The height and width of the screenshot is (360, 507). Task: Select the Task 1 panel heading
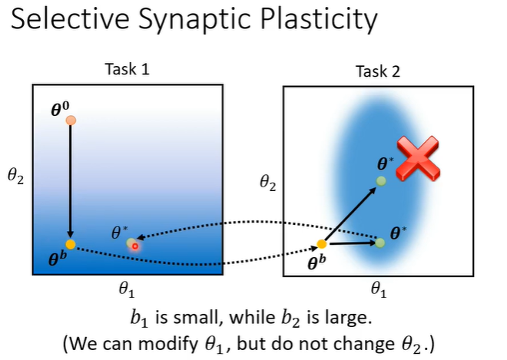[127, 70]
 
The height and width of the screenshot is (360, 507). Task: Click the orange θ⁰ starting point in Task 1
[71, 120]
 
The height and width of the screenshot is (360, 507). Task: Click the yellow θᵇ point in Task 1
[71, 244]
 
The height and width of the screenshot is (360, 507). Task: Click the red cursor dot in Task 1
[135, 246]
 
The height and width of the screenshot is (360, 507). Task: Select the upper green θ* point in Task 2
[380, 181]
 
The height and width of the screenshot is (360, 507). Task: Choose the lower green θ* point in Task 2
[379, 243]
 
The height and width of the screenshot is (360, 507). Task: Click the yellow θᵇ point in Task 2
[322, 244]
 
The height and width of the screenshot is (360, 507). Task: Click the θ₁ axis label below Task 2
[379, 289]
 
